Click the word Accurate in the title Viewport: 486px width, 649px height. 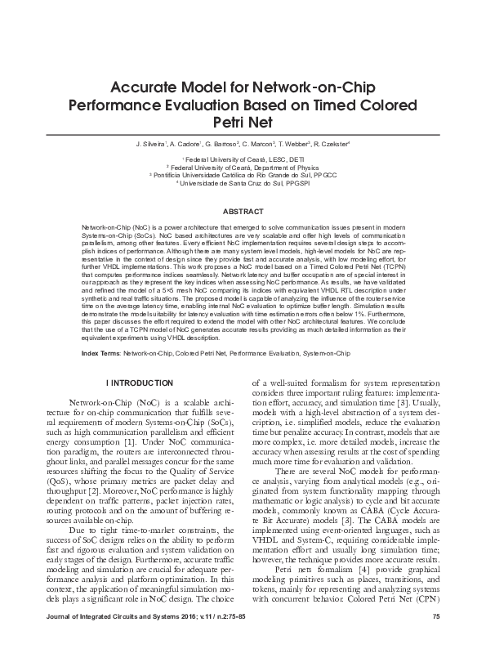coord(140,88)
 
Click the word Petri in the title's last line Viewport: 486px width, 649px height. coord(228,123)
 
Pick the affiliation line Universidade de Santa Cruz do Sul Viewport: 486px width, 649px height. coord(243,182)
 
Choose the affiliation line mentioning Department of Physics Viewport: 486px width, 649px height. coord(243,166)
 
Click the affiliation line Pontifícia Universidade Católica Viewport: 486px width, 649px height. coord(243,174)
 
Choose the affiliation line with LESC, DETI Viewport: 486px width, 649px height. coord(243,158)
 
